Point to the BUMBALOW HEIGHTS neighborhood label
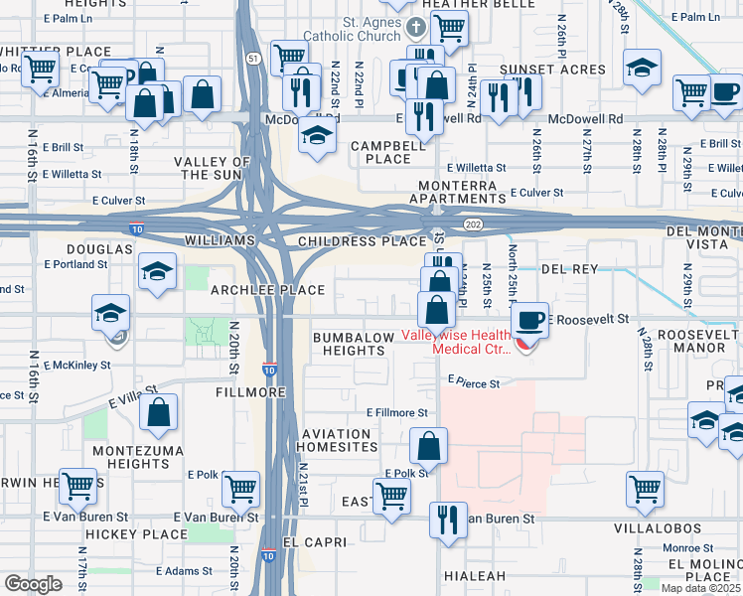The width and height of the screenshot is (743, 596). (x=354, y=345)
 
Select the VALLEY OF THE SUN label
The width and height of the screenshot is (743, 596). (x=212, y=168)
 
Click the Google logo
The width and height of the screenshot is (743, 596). (x=33, y=584)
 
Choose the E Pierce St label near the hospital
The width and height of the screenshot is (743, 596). (x=479, y=379)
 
